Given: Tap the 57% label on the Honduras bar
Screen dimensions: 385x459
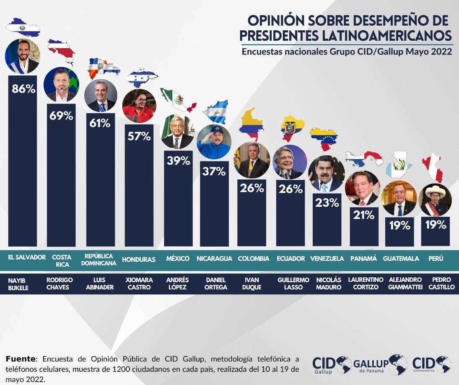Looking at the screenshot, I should [x=140, y=136].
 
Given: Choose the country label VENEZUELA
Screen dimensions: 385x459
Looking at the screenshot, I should [x=327, y=259].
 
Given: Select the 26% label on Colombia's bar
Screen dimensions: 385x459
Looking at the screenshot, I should [x=252, y=188].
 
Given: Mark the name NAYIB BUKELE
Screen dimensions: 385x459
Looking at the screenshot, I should [x=19, y=284].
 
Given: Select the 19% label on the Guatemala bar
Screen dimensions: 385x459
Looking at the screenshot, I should [x=399, y=226].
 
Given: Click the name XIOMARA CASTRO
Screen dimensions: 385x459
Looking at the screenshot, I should [x=139, y=284].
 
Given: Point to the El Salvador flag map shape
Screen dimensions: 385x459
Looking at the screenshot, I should [x=23, y=27].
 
